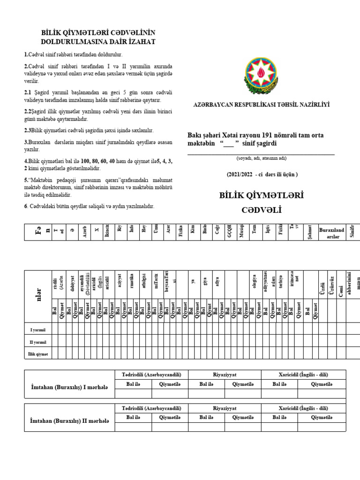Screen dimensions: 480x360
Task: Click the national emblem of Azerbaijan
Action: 261,74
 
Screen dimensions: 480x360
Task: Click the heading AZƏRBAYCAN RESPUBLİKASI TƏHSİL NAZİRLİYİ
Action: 261,105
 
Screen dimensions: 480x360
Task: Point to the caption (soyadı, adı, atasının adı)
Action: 261,157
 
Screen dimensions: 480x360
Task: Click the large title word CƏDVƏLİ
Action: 261,210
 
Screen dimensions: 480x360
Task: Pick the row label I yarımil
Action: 38,330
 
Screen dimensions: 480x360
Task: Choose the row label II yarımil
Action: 38,342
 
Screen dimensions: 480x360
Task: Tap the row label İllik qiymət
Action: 38,354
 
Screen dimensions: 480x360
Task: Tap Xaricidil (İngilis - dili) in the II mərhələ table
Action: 304,408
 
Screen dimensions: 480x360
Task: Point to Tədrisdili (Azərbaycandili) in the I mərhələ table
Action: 148,375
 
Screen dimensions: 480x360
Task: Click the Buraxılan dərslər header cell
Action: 331,232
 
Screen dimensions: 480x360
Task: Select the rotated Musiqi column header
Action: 241,232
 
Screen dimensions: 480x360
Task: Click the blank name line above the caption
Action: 261,153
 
